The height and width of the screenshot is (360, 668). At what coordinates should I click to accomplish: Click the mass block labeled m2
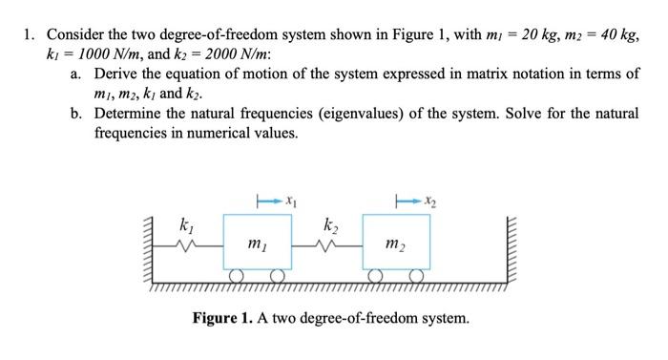click(395, 245)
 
